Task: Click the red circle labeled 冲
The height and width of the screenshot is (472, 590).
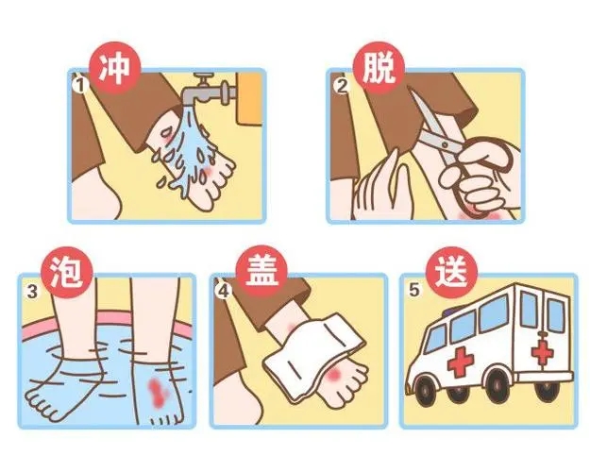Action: (114, 69)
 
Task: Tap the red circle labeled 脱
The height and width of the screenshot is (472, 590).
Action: (379, 68)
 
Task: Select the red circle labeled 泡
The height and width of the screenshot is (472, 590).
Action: (67, 272)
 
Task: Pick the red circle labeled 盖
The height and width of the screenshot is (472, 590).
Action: (261, 272)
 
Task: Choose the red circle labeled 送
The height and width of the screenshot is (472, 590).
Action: (451, 272)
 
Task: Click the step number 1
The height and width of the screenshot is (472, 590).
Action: (80, 85)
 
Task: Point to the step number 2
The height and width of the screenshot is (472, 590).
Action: (342, 86)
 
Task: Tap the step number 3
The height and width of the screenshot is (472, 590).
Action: (32, 292)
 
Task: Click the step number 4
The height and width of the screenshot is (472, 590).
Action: (223, 291)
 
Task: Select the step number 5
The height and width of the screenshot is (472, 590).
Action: (413, 290)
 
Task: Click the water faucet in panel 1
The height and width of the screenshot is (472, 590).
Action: (207, 90)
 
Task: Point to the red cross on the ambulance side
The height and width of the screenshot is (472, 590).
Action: (460, 361)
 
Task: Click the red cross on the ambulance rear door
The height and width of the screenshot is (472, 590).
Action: (542, 351)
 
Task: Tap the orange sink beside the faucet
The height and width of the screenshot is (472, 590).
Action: (248, 98)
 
